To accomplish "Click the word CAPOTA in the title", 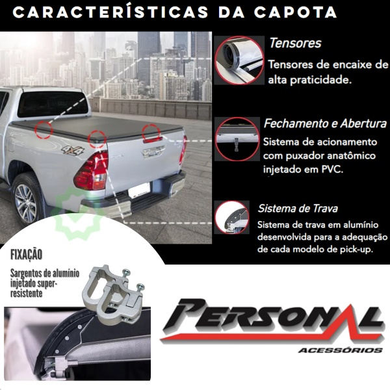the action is (x=296, y=12).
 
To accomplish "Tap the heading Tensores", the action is (x=295, y=43).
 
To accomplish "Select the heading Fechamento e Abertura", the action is (x=326, y=123).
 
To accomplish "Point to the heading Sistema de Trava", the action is (x=298, y=209).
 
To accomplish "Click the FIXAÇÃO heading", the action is (x=26, y=255).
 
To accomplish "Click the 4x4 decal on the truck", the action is (x=73, y=150).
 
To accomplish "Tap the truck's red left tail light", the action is (x=92, y=171).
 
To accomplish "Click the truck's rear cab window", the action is (x=53, y=104).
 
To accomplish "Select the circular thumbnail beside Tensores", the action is (x=239, y=60).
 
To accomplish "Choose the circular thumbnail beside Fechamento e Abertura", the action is (x=237, y=139).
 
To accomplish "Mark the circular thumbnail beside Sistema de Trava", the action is (x=232, y=217).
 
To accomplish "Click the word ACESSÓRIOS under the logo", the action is (x=340, y=350).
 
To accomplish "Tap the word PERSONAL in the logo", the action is (x=272, y=317).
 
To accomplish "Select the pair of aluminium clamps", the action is (x=114, y=293).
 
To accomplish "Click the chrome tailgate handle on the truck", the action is (x=153, y=151).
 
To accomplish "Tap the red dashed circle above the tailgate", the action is (x=151, y=133).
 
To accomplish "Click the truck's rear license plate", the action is (x=139, y=190).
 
